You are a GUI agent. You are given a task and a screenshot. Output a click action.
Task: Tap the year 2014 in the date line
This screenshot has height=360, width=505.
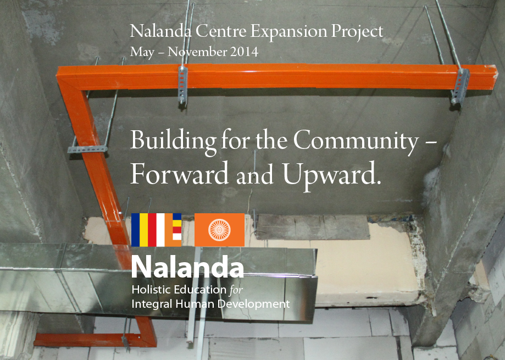click(x=244, y=52)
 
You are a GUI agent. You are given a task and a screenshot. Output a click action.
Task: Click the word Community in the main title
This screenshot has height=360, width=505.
click(x=356, y=141)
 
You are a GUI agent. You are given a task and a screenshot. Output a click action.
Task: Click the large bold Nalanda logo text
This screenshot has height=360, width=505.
click(x=187, y=267)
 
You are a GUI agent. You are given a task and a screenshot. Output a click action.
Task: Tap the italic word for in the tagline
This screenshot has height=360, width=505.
click(x=236, y=290)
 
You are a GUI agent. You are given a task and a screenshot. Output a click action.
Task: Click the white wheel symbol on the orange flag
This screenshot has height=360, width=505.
click(x=219, y=230)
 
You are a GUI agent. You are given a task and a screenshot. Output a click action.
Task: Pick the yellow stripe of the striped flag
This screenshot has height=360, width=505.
click(x=143, y=230)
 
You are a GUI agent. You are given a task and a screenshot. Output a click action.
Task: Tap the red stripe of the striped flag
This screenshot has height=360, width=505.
click(x=152, y=230)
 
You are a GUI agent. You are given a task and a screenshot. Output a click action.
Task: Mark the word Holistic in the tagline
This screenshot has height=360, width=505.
click(x=151, y=290)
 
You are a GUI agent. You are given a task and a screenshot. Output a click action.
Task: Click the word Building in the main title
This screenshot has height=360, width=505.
click(x=173, y=141)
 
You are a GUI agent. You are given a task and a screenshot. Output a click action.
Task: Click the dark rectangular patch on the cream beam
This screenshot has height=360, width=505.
click(x=313, y=227)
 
